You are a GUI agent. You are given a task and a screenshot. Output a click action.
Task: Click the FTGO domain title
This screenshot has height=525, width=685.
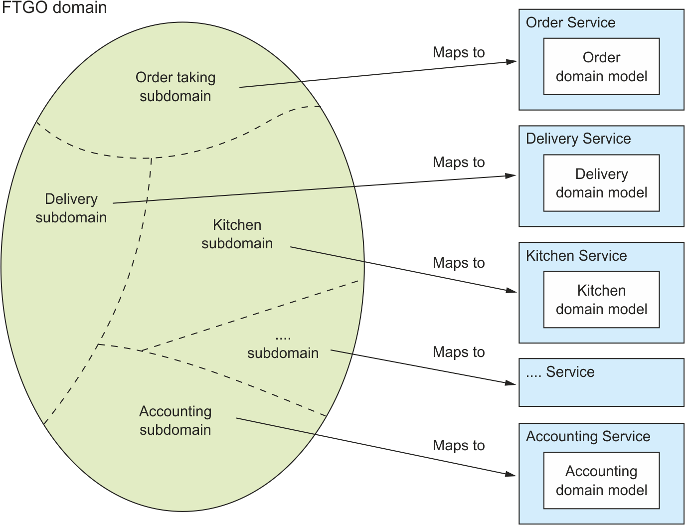(x=54, y=7)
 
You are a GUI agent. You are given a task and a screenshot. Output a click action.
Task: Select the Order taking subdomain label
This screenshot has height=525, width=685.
(x=175, y=87)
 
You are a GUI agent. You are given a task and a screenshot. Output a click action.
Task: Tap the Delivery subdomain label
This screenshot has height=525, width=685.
(x=71, y=208)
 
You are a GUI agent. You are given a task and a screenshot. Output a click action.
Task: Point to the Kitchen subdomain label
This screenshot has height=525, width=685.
(x=237, y=234)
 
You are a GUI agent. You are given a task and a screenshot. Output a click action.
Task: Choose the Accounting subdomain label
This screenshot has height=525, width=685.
(x=175, y=420)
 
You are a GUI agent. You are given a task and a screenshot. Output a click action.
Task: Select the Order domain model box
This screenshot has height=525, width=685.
(x=601, y=67)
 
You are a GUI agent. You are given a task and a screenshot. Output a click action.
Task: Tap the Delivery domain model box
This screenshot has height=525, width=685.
(x=601, y=183)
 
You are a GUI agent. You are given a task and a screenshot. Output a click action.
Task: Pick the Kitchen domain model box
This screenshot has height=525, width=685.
(x=601, y=300)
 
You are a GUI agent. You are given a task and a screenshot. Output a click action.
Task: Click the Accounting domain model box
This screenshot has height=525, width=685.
(x=601, y=481)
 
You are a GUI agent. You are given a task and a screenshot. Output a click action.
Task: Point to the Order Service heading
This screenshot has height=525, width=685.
(x=570, y=22)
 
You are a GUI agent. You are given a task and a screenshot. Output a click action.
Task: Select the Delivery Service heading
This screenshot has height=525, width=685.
(x=578, y=139)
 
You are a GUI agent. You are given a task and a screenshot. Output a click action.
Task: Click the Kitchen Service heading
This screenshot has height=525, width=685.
(x=576, y=256)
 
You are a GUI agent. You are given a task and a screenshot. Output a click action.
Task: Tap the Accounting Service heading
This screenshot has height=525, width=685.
(x=588, y=436)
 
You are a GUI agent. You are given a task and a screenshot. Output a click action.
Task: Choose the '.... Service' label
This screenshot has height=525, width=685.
(x=560, y=372)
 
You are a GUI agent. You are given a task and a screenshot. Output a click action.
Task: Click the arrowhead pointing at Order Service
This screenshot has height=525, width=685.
(x=512, y=62)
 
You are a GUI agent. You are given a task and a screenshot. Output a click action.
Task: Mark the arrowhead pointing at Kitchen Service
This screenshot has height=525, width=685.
(x=512, y=290)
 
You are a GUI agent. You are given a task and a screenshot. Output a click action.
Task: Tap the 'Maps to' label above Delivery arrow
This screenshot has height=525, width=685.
(x=459, y=162)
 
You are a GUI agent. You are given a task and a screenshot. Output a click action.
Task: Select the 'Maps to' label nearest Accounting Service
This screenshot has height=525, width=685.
(x=459, y=445)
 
